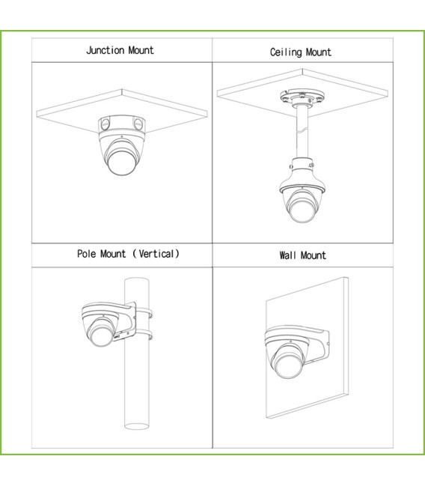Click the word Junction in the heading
pos(106,50)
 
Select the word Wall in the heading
pos(287,255)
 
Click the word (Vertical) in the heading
pos(156,254)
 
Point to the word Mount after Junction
pos(141,50)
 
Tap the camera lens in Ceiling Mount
pos(302,210)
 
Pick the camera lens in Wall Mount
pos(289,365)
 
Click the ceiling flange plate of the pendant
pos(302,97)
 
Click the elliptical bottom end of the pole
pos(137,426)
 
